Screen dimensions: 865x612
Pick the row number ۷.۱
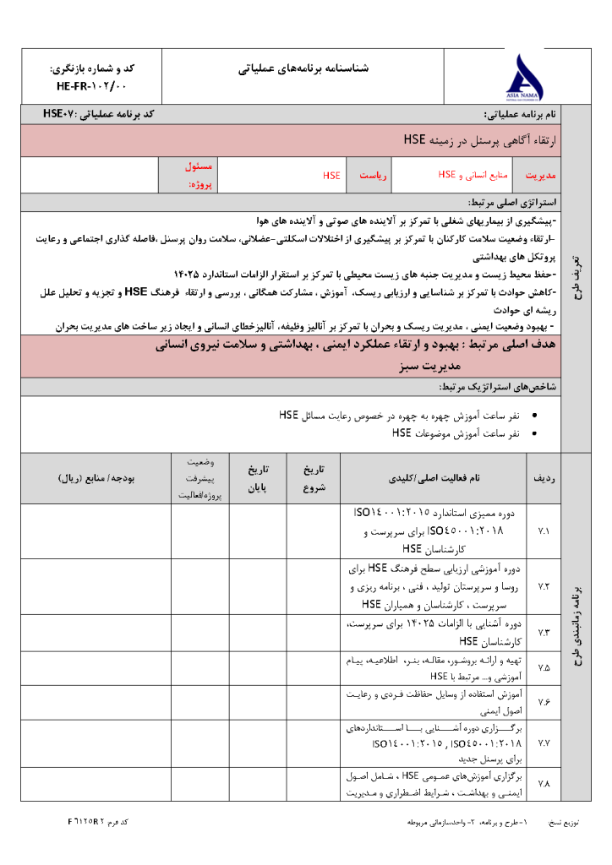click(544, 531)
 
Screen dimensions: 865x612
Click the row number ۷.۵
click(544, 667)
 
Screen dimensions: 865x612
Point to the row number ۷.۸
click(544, 784)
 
